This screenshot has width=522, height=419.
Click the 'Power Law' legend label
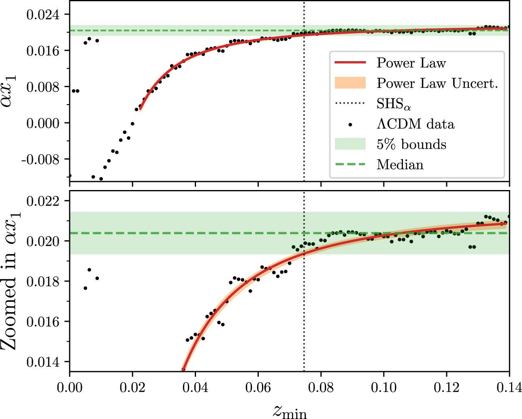(411, 63)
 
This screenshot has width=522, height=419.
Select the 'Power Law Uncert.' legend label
(437, 83)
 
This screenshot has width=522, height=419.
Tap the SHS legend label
(394, 104)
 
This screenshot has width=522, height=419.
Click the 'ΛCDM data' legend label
(415, 124)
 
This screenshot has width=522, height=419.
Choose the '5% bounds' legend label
(411, 144)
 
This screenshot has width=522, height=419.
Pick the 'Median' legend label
(400, 165)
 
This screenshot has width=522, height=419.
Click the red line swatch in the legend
(350, 63)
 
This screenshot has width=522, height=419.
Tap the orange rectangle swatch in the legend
(350, 83)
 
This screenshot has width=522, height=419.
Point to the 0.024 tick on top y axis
(42, 15)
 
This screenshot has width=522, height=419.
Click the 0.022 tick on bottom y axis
(42, 201)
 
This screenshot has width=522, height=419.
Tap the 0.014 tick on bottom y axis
(42, 361)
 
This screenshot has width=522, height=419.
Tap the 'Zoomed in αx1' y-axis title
(11, 282)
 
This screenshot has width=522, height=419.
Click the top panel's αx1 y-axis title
(11, 91)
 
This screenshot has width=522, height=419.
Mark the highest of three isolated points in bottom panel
(89, 269)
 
